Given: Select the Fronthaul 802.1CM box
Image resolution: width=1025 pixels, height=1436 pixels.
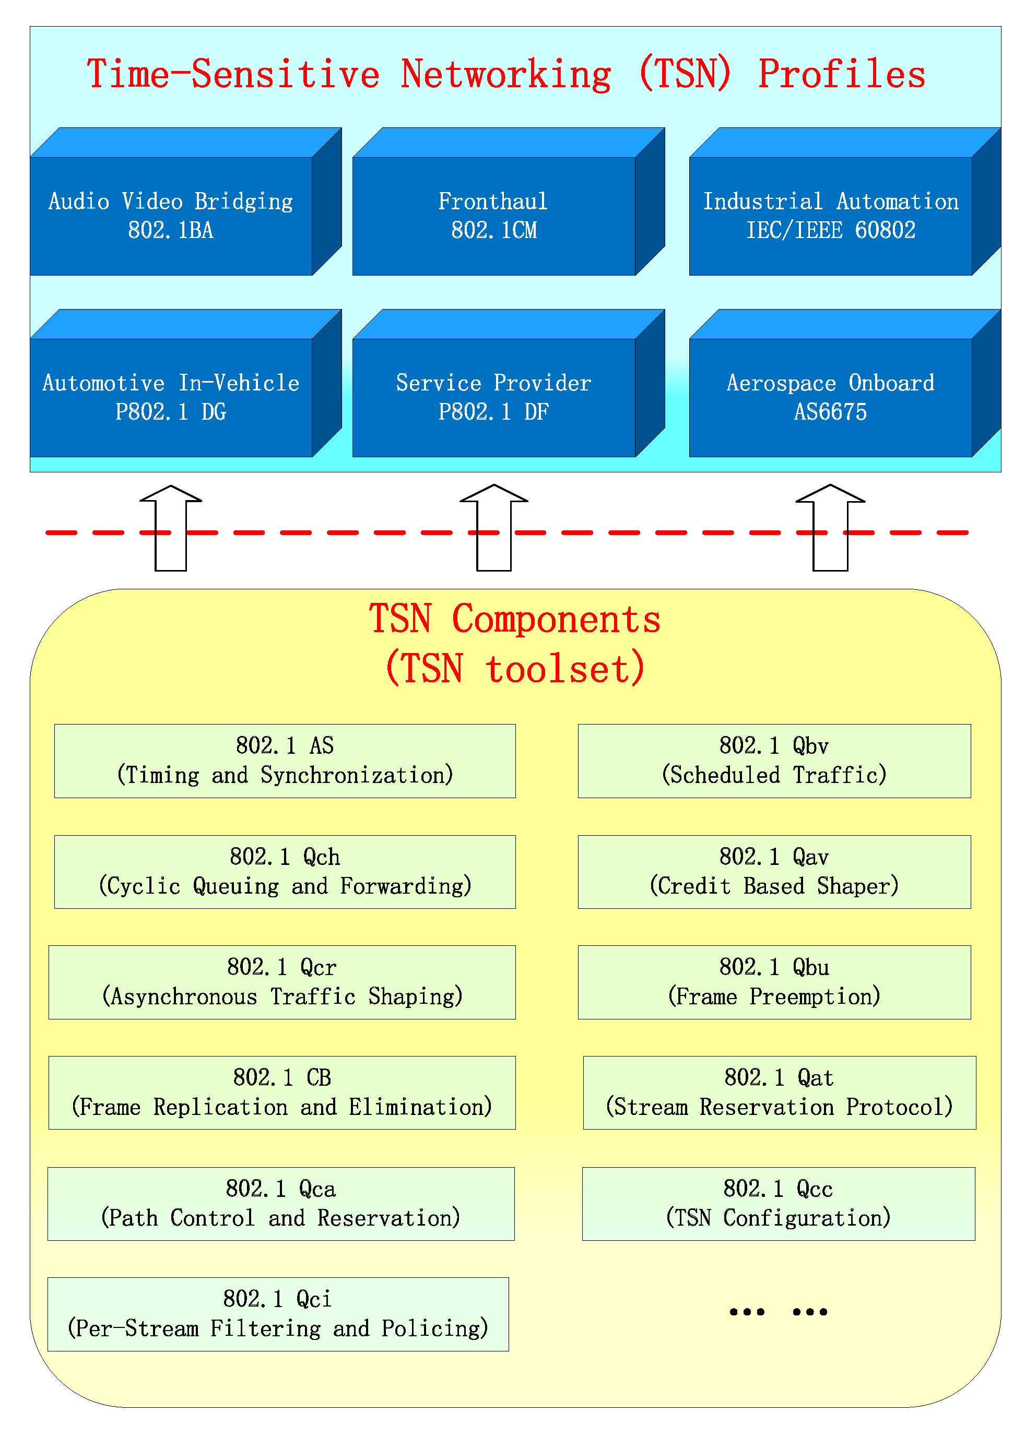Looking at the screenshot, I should pos(493,216).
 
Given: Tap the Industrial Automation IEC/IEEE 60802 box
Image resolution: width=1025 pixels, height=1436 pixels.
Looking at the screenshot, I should pos(831,216).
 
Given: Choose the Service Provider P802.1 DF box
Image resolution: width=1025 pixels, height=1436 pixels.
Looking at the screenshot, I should pos(493,397).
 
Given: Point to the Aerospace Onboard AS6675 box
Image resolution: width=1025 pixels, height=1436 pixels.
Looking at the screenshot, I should pos(831,397).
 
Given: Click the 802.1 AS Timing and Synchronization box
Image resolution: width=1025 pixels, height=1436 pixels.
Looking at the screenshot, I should pos(285,761).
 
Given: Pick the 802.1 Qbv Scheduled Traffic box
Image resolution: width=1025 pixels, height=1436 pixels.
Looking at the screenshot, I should pos(774,761).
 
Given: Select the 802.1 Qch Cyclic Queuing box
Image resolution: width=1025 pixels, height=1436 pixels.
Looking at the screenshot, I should pos(285,872).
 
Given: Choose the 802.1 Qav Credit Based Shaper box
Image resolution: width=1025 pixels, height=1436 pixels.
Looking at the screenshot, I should pos(774,872).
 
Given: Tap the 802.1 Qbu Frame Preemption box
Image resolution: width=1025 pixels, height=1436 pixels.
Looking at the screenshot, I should pos(774,982).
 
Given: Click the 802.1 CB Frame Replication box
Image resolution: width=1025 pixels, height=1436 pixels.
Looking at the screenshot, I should pos(281,1093).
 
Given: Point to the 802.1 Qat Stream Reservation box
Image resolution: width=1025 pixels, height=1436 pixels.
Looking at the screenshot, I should pos(780,1093).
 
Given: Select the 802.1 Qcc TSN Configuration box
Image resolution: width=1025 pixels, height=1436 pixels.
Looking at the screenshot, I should pos(778,1204).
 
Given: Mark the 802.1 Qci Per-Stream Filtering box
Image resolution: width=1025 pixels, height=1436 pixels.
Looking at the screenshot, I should pos(278,1314).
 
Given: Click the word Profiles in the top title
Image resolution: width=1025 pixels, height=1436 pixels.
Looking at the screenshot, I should pos(841,75).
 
